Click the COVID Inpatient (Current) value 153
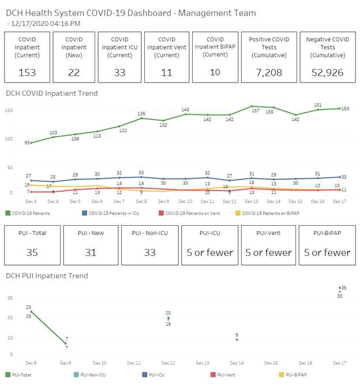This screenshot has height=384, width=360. point(27,72)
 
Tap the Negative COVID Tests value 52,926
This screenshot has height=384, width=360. point(327,72)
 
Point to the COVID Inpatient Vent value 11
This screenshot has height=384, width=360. point(166,72)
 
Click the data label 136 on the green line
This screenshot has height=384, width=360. point(141,113)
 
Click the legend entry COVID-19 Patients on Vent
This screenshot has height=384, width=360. point(191,213)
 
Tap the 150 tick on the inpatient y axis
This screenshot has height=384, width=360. point(10,110)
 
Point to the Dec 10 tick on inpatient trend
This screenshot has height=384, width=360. point(185,201)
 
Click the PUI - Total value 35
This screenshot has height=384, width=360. point(32,252)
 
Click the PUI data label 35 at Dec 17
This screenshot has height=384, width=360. point(343,288)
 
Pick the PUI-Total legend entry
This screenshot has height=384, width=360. point(20,375)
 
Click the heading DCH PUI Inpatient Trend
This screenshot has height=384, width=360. point(47,275)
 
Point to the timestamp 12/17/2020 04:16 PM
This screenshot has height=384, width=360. point(46,23)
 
